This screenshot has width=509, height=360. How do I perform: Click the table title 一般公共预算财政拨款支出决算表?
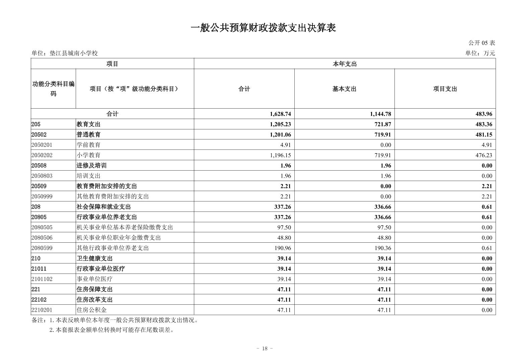click(x=263, y=28)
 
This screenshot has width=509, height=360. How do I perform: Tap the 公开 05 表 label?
click(x=482, y=43)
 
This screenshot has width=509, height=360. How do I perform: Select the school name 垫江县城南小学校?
click(x=73, y=53)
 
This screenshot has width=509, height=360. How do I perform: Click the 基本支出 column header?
click(x=344, y=89)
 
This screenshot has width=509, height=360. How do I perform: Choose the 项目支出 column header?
click(x=445, y=89)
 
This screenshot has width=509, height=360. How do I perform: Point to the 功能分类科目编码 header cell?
click(x=53, y=89)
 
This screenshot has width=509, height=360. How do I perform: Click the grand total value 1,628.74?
click(x=280, y=114)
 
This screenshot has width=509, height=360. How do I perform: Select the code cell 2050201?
click(x=42, y=145)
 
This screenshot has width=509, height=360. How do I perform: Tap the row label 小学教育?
click(x=88, y=155)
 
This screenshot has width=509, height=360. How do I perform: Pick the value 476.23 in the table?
click(x=484, y=155)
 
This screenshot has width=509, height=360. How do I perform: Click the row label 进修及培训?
click(x=91, y=166)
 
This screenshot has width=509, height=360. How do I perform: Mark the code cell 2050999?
click(x=42, y=196)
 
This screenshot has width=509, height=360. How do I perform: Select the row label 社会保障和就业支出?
click(x=103, y=207)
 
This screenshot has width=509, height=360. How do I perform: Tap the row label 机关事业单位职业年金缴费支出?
click(x=119, y=238)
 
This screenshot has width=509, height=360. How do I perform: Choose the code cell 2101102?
click(x=42, y=279)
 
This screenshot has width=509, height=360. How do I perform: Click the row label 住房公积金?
click(x=91, y=310)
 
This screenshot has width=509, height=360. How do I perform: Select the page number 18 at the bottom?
click(x=265, y=349)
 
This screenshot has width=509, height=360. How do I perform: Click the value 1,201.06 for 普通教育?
click(x=280, y=135)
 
